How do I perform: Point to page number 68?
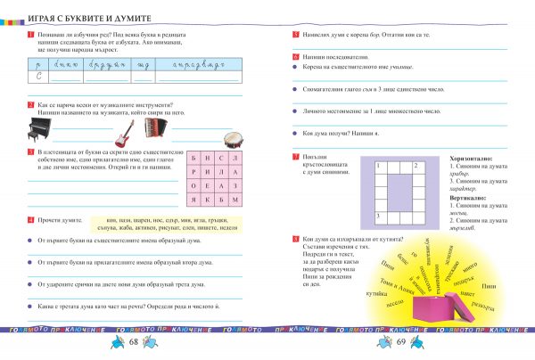tap(133, 342)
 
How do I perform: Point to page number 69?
tap(400, 342)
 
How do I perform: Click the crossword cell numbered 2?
tap(416, 166)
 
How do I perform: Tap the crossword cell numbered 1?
tap(379, 166)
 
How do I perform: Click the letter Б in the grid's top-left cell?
tap(196, 155)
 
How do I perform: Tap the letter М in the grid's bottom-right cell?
tap(235, 200)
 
